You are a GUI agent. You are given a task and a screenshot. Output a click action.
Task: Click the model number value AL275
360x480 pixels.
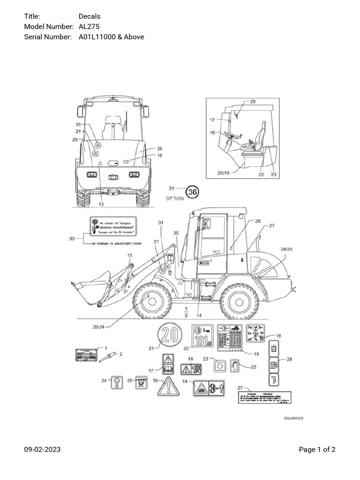(x=89, y=27)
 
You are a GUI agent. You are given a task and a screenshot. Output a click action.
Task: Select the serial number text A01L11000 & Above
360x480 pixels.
(x=111, y=37)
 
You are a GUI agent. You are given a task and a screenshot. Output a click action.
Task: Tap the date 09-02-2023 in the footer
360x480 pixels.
(x=42, y=450)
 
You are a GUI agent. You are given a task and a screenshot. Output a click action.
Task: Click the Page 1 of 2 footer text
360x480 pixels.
(x=317, y=450)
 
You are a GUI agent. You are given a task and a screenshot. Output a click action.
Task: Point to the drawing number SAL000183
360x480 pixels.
(x=293, y=417)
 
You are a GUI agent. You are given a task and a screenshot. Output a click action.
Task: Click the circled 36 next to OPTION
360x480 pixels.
(x=193, y=191)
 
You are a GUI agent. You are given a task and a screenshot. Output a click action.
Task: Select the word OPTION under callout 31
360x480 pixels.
(x=175, y=198)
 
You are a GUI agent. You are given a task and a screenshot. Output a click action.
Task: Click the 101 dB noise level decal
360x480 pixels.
(x=202, y=336)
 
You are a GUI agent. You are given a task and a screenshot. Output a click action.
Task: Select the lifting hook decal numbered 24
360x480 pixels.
(x=115, y=383)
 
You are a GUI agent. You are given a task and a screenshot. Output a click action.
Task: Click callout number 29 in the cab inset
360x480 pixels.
(x=253, y=102)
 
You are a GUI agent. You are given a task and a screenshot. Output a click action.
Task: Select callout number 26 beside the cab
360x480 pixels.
(x=257, y=221)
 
